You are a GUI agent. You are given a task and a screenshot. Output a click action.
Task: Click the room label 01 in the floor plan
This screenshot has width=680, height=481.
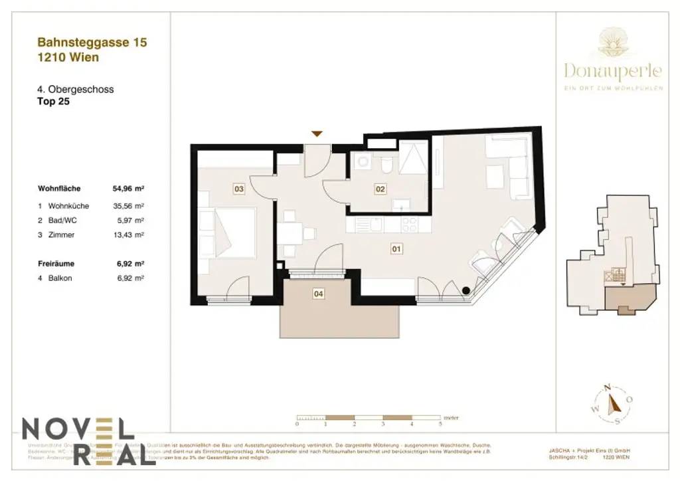396,249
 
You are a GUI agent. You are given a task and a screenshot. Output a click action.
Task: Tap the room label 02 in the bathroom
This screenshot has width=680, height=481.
380,189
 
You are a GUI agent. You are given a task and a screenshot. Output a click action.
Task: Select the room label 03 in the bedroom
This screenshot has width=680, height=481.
239,189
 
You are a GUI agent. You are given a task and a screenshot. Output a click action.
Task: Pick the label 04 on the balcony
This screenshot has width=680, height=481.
318,292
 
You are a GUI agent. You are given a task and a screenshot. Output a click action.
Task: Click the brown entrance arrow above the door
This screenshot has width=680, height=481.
317,134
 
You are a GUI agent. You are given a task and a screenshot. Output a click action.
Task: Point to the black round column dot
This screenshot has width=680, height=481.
466,290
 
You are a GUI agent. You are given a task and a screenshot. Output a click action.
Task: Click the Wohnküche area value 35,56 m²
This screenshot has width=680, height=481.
129,206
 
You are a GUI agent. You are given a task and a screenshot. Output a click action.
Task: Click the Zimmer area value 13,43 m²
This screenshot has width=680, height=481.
129,235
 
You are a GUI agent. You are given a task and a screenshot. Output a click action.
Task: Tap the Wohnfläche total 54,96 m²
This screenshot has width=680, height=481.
129,189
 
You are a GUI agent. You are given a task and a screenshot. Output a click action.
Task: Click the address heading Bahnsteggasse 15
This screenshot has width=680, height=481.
92,43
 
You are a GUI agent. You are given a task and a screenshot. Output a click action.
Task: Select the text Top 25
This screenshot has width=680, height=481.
54,102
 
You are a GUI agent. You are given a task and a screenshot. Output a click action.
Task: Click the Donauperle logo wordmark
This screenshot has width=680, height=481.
612,70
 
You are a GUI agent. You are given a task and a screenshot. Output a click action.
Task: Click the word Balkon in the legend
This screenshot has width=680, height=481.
60,278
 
